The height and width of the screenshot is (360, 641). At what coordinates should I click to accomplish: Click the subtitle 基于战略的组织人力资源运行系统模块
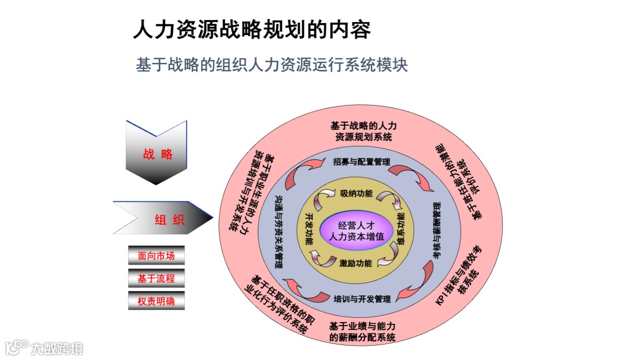click(x=272, y=65)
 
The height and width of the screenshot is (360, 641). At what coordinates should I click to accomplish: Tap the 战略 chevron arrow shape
click(x=157, y=154)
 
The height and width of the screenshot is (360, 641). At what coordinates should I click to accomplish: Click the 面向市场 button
click(x=156, y=256)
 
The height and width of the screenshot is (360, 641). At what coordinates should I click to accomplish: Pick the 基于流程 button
click(x=156, y=278)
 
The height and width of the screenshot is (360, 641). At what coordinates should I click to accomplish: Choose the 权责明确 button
click(x=156, y=301)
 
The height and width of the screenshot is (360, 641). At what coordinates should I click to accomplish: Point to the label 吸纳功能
click(x=356, y=193)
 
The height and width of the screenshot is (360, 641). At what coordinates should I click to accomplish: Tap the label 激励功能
click(x=356, y=263)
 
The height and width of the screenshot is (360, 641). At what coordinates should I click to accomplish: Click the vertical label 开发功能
click(x=309, y=229)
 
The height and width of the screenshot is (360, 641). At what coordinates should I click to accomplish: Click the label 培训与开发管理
click(x=361, y=298)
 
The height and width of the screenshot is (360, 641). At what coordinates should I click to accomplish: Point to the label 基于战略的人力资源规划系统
click(x=363, y=131)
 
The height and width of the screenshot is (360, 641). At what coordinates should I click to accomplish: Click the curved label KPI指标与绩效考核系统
click(x=460, y=276)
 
